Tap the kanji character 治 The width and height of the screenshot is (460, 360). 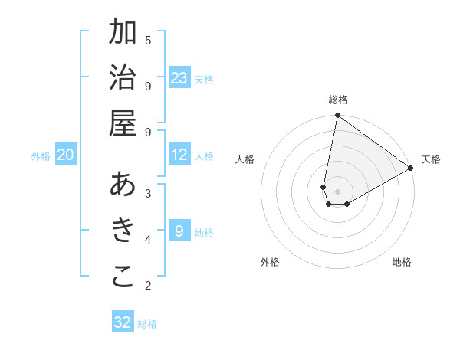(x=123, y=78)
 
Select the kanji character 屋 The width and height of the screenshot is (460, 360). (x=123, y=123)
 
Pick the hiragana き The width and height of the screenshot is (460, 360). (x=123, y=231)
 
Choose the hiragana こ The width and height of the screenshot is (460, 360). (x=123, y=277)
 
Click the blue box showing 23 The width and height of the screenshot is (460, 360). (x=179, y=78)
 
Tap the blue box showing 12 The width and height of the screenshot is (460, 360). (x=179, y=155)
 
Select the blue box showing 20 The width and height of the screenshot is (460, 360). (x=65, y=155)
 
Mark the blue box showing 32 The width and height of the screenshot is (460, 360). (x=123, y=322)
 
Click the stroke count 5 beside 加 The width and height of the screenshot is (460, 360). (x=148, y=40)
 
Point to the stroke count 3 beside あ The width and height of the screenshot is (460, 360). (x=148, y=193)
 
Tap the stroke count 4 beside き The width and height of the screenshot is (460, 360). (x=148, y=240)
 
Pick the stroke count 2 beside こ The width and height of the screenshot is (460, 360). (x=148, y=286)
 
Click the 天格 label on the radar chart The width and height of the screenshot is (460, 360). (x=431, y=159)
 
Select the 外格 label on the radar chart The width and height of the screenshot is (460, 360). (x=270, y=262)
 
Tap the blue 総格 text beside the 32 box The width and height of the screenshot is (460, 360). (x=147, y=324)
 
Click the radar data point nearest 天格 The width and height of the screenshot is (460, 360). (x=411, y=169)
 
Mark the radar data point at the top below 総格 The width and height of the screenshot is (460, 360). (x=337, y=116)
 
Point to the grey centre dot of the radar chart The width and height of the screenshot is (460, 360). (x=337, y=191)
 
